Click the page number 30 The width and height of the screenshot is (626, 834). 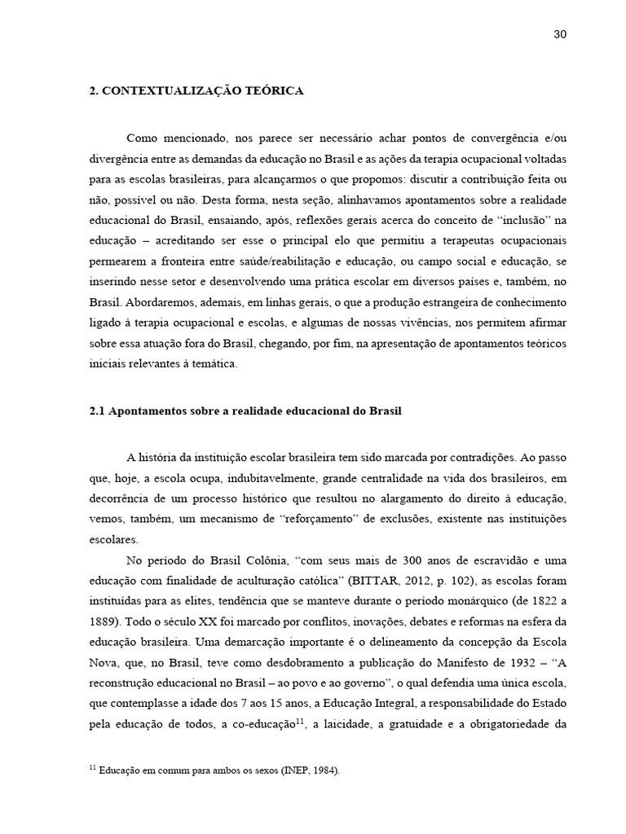tap(560, 34)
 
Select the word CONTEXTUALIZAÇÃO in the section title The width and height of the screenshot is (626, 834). tap(162, 91)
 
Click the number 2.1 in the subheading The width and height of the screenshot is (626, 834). tap(97, 411)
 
